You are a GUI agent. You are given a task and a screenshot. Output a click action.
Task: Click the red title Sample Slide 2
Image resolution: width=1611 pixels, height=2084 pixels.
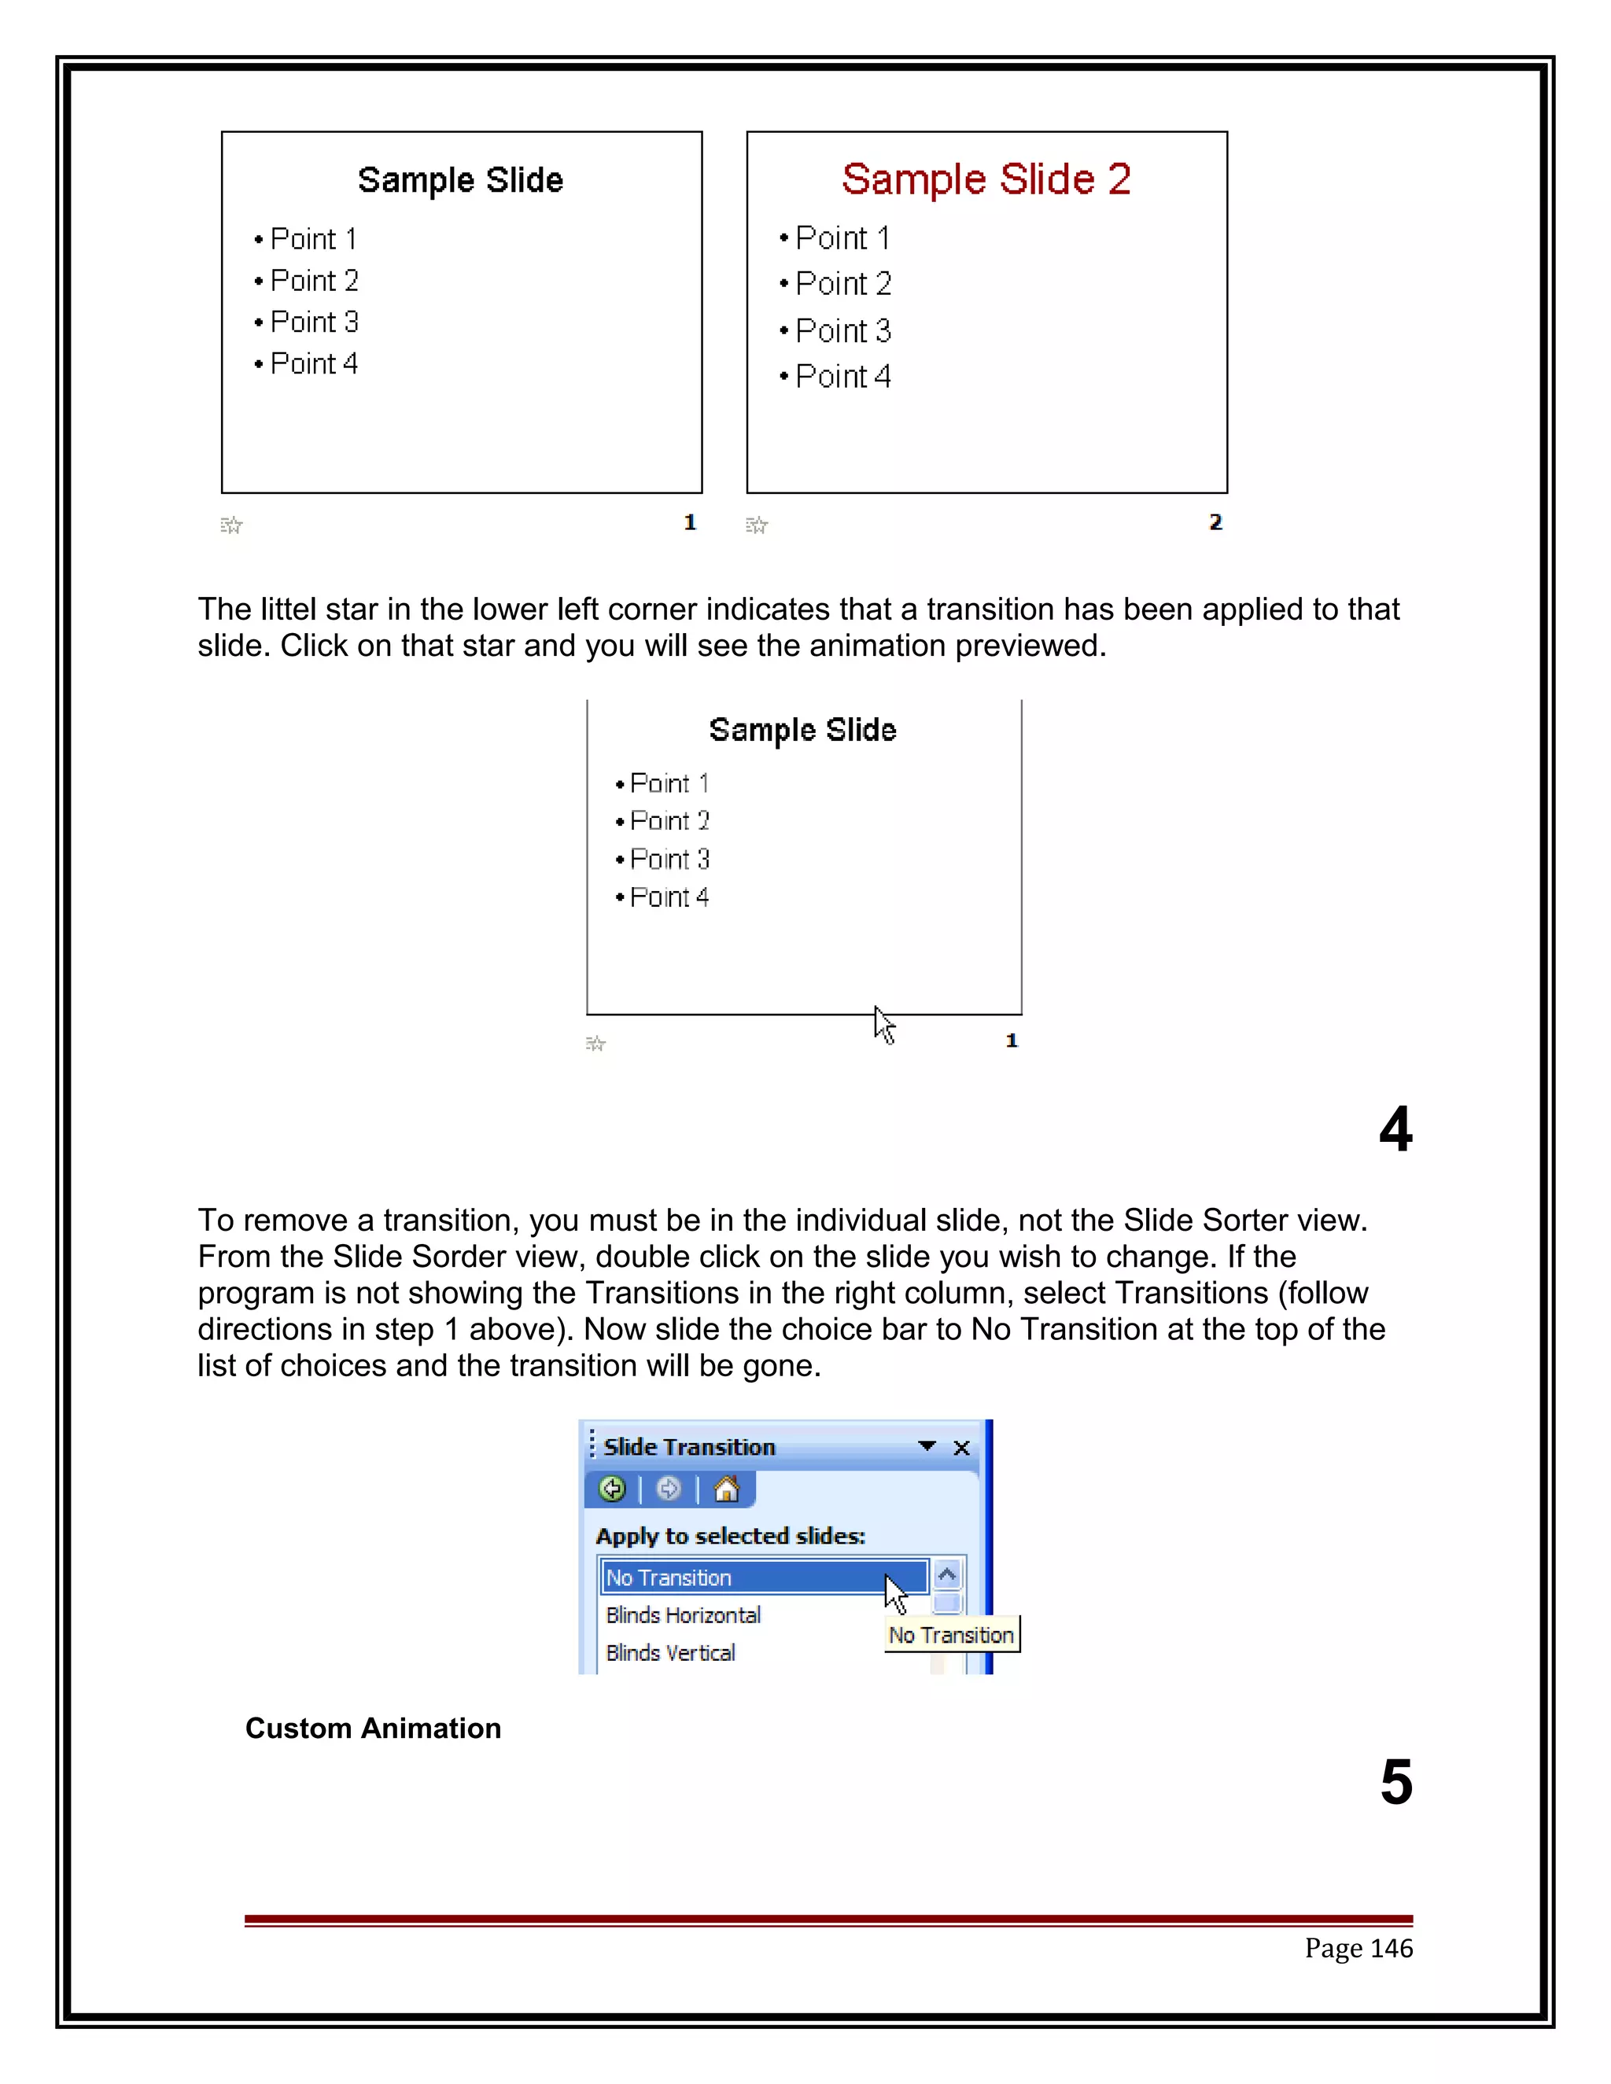click(x=986, y=179)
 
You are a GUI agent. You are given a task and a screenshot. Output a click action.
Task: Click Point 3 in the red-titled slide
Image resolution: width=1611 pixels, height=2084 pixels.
click(x=842, y=330)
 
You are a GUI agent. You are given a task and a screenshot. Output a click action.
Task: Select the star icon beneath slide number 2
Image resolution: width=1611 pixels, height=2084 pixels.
click(x=757, y=525)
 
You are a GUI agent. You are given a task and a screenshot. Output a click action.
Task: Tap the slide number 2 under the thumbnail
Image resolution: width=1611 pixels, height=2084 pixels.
click(x=1215, y=522)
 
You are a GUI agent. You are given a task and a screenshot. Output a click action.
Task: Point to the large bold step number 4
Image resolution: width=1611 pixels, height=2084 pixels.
click(x=1395, y=1129)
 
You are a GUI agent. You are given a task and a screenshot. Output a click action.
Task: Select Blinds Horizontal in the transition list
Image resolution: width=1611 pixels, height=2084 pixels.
click(x=684, y=1615)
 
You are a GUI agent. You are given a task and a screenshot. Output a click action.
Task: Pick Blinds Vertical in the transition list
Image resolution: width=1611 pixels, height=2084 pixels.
click(x=670, y=1653)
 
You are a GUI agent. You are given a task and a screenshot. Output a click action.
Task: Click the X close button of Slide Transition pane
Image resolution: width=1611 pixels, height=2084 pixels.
click(x=961, y=1448)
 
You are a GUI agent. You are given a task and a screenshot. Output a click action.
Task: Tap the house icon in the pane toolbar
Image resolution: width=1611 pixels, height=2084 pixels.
click(x=726, y=1489)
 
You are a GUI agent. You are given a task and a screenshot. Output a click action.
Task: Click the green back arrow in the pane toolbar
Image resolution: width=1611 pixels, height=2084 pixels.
click(x=613, y=1489)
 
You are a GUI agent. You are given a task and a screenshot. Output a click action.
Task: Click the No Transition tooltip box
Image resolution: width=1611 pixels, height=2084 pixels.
click(x=952, y=1635)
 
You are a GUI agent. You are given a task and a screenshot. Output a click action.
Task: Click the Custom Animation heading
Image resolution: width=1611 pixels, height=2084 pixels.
click(x=373, y=1728)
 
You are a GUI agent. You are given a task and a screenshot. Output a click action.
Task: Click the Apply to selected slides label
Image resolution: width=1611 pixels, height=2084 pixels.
click(x=730, y=1535)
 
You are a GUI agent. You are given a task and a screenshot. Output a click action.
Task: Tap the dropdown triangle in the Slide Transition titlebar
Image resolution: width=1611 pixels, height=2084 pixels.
click(x=926, y=1445)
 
